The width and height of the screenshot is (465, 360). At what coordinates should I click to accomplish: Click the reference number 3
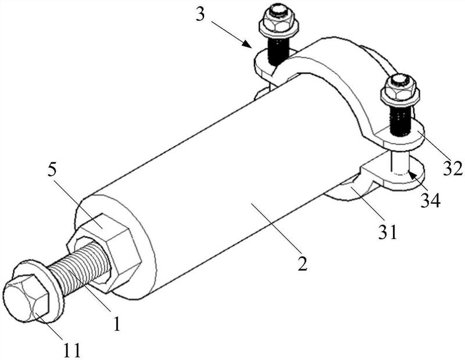click(201, 14)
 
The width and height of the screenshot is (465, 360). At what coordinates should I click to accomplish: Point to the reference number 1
click(117, 323)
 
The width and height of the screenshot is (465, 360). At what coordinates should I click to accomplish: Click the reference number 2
click(302, 263)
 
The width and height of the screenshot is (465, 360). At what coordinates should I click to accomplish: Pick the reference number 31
click(387, 232)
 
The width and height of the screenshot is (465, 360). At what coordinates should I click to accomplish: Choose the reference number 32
click(453, 168)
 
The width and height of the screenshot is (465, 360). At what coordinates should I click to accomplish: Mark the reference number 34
click(431, 200)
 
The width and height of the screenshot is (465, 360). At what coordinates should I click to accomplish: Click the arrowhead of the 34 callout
click(412, 175)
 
